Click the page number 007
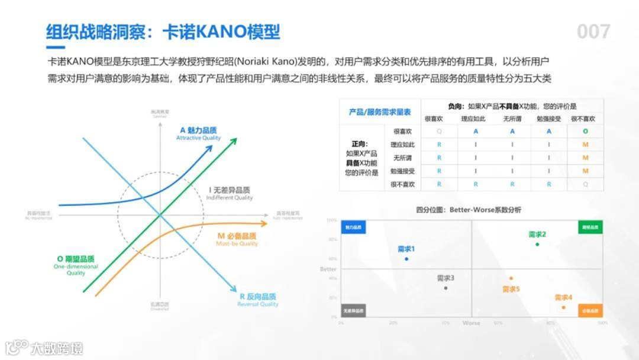click(x=593, y=31)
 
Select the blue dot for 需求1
click(x=406, y=259)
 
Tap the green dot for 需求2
click(x=537, y=244)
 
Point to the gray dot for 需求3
click(x=446, y=288)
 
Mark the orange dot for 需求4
click(x=563, y=307)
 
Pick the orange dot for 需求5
click(x=511, y=278)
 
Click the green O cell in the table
click(x=585, y=131)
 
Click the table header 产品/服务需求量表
click(x=379, y=112)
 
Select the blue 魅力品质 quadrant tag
click(x=353, y=227)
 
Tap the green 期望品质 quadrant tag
click(x=590, y=227)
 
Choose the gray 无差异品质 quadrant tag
click(x=353, y=310)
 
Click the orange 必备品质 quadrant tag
click(x=590, y=310)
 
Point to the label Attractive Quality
click(x=198, y=138)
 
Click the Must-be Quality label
click(x=237, y=243)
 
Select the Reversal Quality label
click(x=257, y=304)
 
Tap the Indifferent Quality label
click(x=229, y=198)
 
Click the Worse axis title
click(x=472, y=323)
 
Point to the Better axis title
click(x=328, y=269)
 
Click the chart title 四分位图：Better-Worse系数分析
click(x=469, y=210)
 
